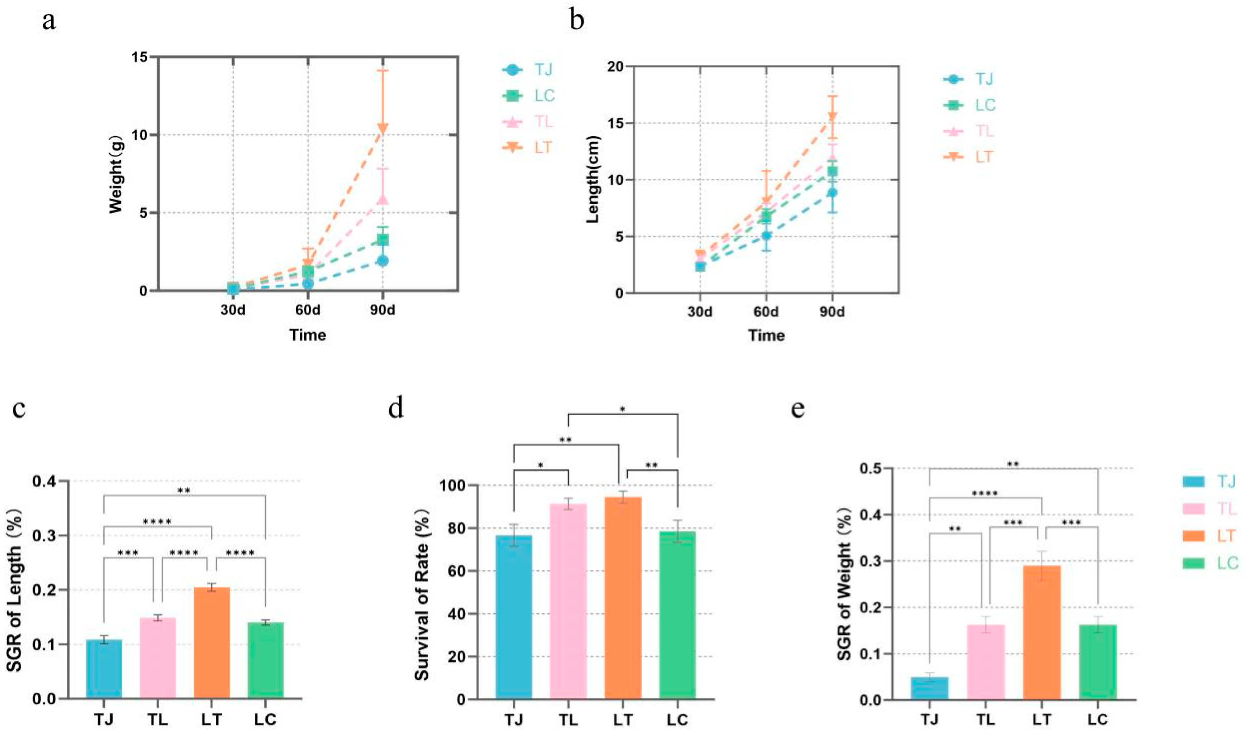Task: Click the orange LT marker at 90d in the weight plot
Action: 383,129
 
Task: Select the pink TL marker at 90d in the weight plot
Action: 383,199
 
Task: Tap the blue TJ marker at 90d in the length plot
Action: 832,192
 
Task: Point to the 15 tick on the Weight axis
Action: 140,57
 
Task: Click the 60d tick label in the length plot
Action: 766,312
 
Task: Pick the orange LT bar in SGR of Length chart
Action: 212,642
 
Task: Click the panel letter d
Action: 396,409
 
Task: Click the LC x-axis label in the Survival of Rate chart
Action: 677,719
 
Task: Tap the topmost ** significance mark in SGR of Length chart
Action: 184,491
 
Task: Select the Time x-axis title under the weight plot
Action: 307,335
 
